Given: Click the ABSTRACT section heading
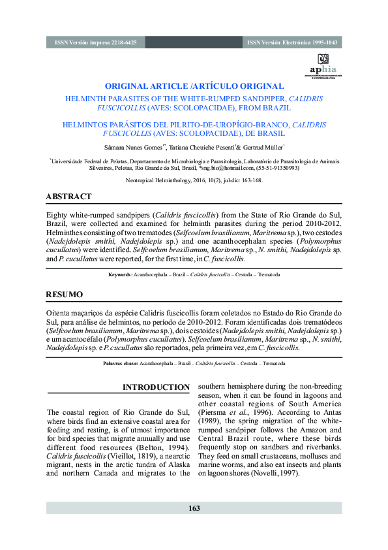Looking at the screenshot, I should tap(68, 197).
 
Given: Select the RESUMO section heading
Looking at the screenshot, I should tap(64, 295).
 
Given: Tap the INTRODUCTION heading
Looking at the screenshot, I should tap(156, 387).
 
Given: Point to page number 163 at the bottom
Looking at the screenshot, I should tap(194, 508).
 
